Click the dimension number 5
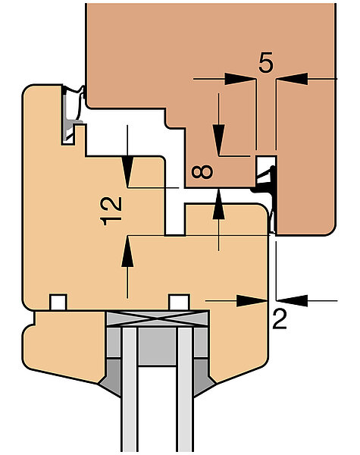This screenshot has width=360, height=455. (x=266, y=62)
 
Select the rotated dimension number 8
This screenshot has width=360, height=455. (x=202, y=171)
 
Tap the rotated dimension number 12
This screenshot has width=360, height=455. (x=111, y=211)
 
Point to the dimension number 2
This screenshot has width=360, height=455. (x=280, y=319)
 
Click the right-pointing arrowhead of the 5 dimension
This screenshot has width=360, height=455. (x=240, y=79)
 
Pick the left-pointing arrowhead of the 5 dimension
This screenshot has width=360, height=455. (x=292, y=79)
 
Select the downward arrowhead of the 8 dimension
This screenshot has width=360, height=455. (x=219, y=140)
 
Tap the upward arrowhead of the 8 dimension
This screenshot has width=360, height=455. (x=219, y=204)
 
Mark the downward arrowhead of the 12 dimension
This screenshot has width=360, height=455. (x=127, y=172)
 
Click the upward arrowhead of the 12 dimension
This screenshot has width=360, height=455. (x=127, y=251)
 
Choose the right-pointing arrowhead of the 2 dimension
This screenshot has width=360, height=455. (x=252, y=301)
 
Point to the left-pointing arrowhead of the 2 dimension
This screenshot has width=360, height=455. (x=292, y=301)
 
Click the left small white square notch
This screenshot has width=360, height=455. (x=58, y=302)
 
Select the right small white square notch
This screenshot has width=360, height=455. (x=179, y=302)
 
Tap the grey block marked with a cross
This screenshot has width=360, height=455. (x=157, y=318)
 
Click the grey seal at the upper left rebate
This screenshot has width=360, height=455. (x=70, y=115)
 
